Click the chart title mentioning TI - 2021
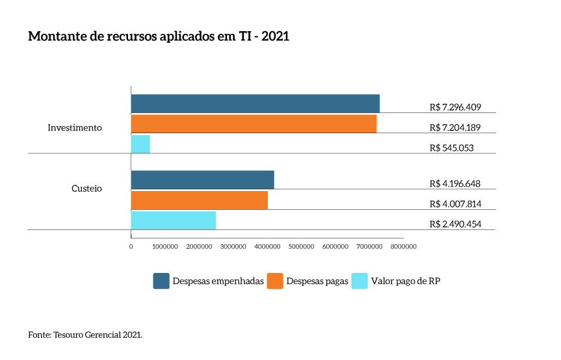pyautogui.click(x=159, y=36)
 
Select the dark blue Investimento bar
pyautogui.click(x=255, y=103)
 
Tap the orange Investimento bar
pyautogui.click(x=254, y=124)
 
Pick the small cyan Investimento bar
pyautogui.click(x=140, y=144)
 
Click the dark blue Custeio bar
pyautogui.click(x=202, y=180)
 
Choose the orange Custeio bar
pyautogui.click(x=199, y=200)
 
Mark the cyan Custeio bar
pyautogui.click(x=173, y=220)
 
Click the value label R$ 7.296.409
pyautogui.click(x=455, y=107)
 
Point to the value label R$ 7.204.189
pyautogui.click(x=455, y=127)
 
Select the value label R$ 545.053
pyautogui.click(x=452, y=148)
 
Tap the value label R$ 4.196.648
pyautogui.click(x=455, y=184)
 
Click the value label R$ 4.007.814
pyautogui.click(x=455, y=204)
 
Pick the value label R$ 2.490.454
pyautogui.click(x=455, y=224)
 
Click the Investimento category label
pyautogui.click(x=75, y=128)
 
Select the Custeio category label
pyautogui.click(x=86, y=188)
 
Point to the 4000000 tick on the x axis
pyautogui.click(x=267, y=246)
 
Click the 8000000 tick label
pyautogui.click(x=403, y=246)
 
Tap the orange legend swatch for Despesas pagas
pyautogui.click(x=275, y=281)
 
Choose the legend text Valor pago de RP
pyautogui.click(x=406, y=281)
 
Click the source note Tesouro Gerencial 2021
pyautogui.click(x=85, y=335)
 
